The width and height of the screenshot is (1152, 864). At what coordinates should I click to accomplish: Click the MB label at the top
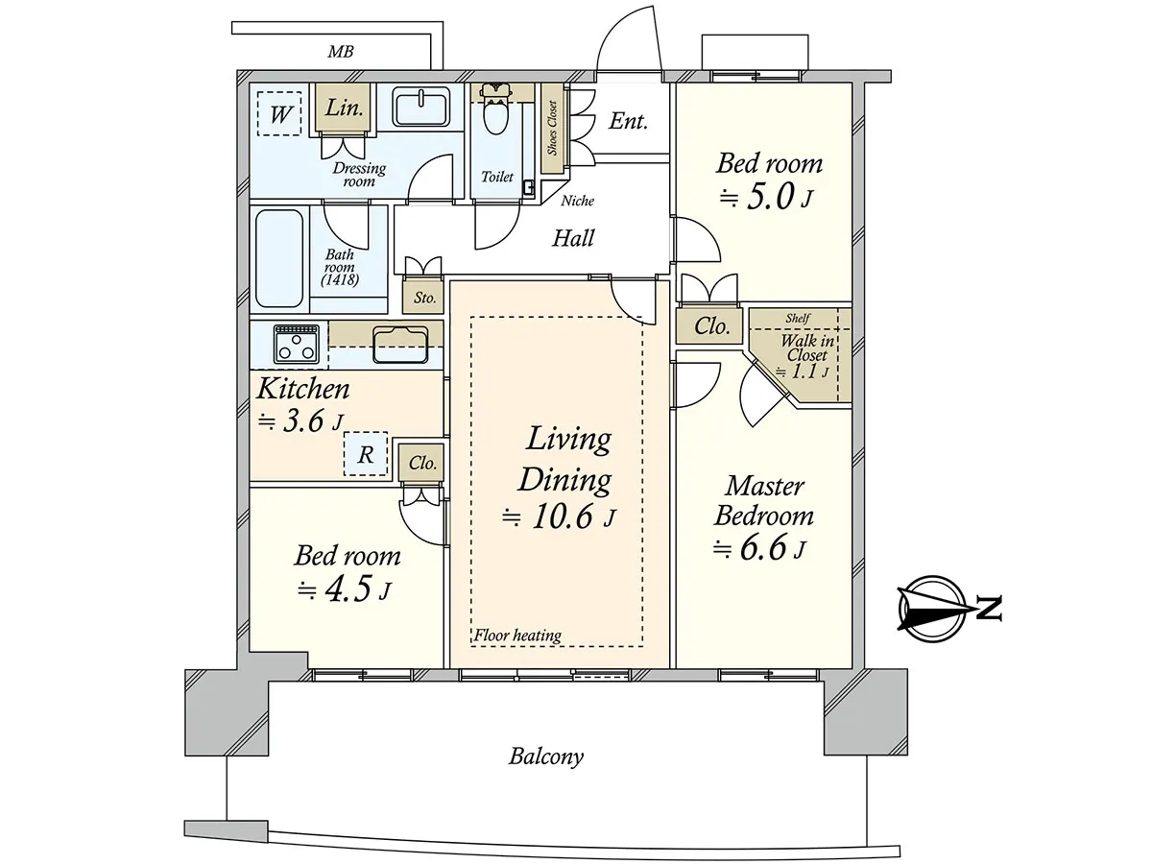coord(341,52)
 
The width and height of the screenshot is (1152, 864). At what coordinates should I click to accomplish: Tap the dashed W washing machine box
coord(279,113)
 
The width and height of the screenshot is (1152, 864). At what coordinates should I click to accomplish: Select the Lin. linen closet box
coord(344,108)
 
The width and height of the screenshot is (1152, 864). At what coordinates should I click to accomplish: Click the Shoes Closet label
coord(552,128)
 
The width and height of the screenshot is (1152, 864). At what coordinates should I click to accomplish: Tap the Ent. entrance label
coord(628,122)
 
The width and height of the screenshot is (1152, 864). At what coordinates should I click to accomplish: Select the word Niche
coord(577,201)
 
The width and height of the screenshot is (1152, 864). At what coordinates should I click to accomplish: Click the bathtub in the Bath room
coord(279,258)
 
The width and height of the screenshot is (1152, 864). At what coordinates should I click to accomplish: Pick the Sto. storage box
coord(424,297)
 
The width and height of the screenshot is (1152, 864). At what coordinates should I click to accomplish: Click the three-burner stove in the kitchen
coord(296,344)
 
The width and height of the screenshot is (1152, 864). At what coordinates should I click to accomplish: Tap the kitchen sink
coord(400,344)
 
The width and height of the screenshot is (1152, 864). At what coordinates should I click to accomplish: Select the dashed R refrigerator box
coord(366,454)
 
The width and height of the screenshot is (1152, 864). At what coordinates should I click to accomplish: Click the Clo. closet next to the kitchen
coord(422,463)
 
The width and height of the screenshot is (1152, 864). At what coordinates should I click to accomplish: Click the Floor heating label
coord(517,636)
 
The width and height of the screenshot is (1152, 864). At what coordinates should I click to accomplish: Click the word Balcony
coord(546,756)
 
